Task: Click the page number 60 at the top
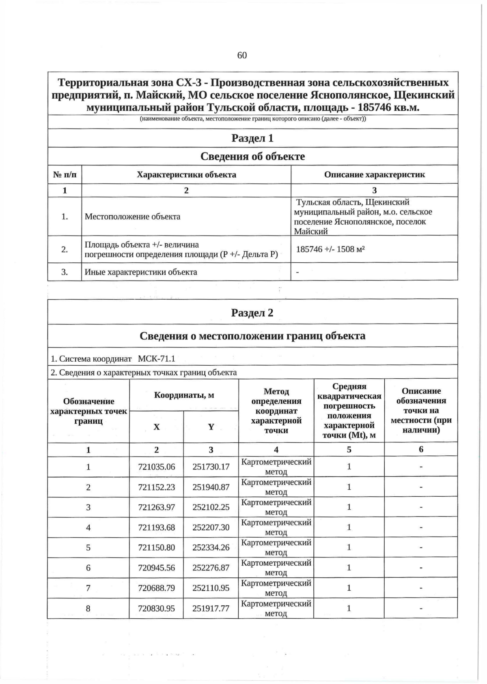tap(242, 56)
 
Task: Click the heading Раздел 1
tap(252, 138)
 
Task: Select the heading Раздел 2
tap(252, 313)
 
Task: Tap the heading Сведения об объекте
tap(252, 157)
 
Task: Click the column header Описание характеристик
tap(374, 175)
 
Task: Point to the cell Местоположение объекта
tap(132, 217)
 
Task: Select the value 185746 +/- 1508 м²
tap(330, 249)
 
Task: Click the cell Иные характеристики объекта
tap(141, 272)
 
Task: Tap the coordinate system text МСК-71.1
tap(156, 359)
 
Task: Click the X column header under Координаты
tap(156, 427)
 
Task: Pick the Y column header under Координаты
tap(211, 427)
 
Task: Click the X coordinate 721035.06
tap(157, 467)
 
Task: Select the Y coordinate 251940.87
tap(211, 487)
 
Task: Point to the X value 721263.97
tap(157, 507)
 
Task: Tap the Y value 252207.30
tap(211, 527)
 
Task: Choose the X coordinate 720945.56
tap(157, 568)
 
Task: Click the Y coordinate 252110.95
tap(211, 588)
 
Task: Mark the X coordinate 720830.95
tap(157, 608)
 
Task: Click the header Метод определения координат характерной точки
tap(276, 411)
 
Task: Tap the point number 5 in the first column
tap(88, 547)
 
